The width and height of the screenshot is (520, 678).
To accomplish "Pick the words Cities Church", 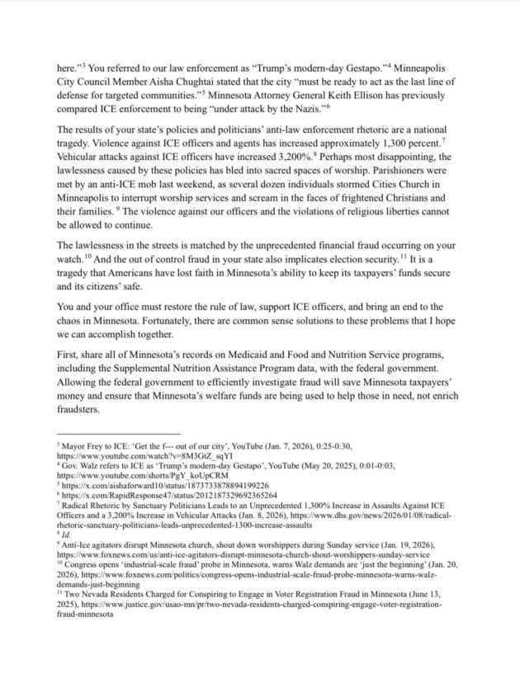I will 404,196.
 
